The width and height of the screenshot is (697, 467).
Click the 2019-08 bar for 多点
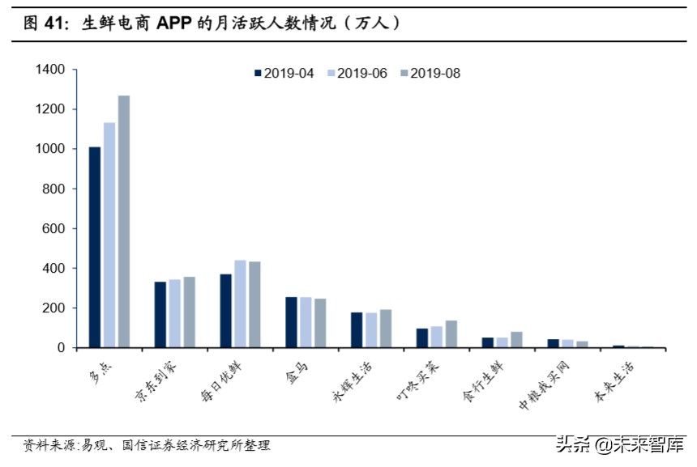[x=123, y=222]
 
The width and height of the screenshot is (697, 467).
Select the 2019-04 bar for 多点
[x=95, y=247]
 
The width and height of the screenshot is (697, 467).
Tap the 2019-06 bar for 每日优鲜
[x=240, y=304]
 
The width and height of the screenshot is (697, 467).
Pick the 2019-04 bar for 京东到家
[x=160, y=315]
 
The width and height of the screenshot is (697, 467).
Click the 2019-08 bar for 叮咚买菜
[x=451, y=334]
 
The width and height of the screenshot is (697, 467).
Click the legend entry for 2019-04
[x=284, y=74]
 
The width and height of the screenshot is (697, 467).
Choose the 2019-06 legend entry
[x=357, y=74]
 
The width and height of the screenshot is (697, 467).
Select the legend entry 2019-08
[x=430, y=74]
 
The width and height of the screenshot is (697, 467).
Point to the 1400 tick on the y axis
[x=49, y=70]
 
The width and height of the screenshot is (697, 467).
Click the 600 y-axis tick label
[x=53, y=228]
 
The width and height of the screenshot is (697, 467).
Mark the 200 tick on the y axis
[x=53, y=308]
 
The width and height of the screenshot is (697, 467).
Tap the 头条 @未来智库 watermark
[x=616, y=444]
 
